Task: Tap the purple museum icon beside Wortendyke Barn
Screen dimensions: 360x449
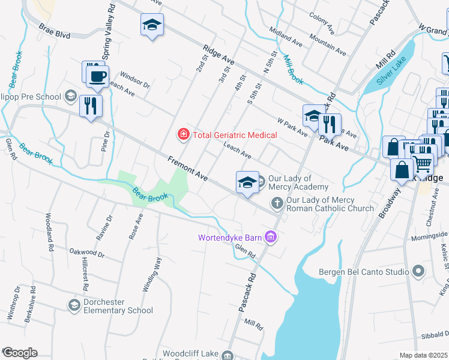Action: [x=271, y=238]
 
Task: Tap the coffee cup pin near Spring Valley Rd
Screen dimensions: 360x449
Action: [x=97, y=77]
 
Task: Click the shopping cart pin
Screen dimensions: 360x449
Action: [x=423, y=162]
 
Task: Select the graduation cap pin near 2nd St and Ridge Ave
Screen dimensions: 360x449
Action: [x=152, y=26]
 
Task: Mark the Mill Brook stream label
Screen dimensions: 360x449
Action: [x=293, y=69]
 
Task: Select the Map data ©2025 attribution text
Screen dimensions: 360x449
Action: [x=423, y=355]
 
